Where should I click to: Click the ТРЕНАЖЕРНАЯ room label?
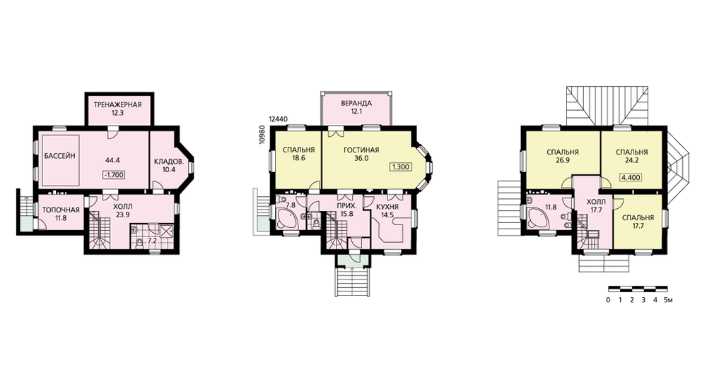pos(117,105)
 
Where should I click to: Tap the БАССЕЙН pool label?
pos(59,156)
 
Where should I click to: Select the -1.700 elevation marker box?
pos(114,175)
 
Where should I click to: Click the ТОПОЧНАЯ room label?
pos(61,210)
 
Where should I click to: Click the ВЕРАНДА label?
pos(356,103)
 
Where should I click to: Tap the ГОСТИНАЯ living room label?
pos(361,150)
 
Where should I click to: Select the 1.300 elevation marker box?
pos(400,167)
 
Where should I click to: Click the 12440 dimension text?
pos(278,120)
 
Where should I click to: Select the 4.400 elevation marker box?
pos(631,177)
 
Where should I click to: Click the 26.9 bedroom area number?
pos(562,159)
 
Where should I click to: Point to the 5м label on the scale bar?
pos(668,300)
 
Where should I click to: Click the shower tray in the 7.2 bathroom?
pos(166,231)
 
